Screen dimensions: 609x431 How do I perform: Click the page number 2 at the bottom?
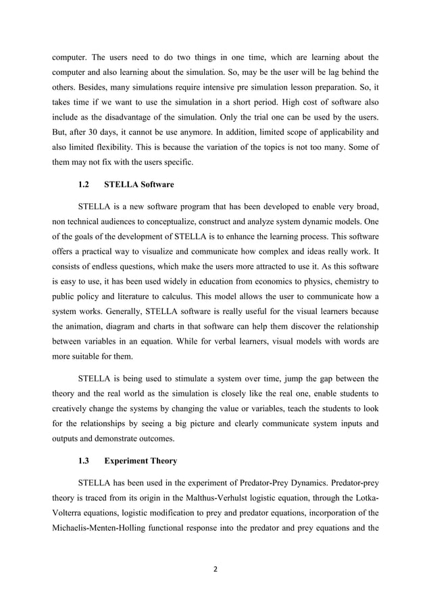tap(215, 569)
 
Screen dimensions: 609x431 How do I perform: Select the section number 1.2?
tap(84, 184)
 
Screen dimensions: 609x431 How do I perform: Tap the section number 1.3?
tap(84, 461)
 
